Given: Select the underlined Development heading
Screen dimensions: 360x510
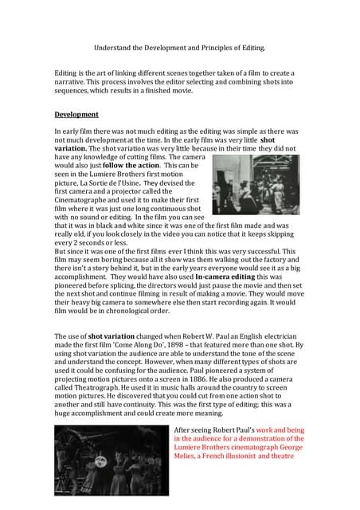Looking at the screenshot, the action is coord(76,114).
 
